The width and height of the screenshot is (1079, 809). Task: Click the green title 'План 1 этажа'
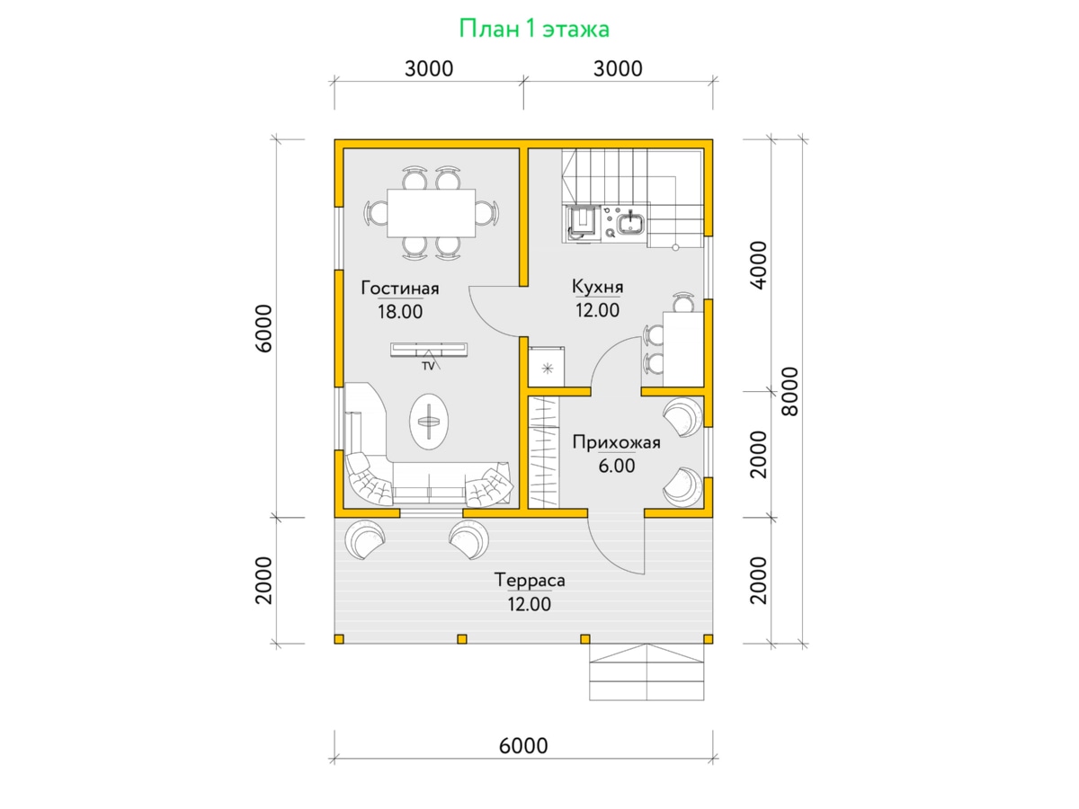tap(534, 29)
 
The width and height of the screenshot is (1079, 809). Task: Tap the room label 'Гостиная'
tap(399, 288)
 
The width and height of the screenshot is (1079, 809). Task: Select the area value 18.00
tap(399, 311)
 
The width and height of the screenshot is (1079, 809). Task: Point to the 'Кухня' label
tap(597, 286)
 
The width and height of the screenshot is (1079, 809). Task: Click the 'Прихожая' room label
tap(616, 442)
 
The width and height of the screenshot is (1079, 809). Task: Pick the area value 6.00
tap(617, 465)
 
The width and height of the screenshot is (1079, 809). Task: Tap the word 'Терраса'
tap(530, 580)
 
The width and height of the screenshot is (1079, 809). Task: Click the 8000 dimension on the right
tap(790, 392)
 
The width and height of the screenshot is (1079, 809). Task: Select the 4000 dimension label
tap(759, 265)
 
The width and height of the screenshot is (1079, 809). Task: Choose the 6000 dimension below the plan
tap(523, 746)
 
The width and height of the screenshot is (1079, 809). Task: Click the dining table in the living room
tap(431, 213)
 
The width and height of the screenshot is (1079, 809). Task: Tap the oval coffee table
tap(429, 421)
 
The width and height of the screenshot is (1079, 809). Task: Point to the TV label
tap(428, 366)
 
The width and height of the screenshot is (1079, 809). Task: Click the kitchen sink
tap(629, 224)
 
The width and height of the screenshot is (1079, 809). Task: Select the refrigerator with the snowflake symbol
tap(546, 367)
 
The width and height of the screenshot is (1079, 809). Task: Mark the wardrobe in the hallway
tap(544, 452)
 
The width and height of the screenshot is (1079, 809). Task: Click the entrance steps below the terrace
tap(647, 672)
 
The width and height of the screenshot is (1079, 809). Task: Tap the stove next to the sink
tap(583, 224)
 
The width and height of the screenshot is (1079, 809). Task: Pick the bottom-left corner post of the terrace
tap(339, 639)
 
